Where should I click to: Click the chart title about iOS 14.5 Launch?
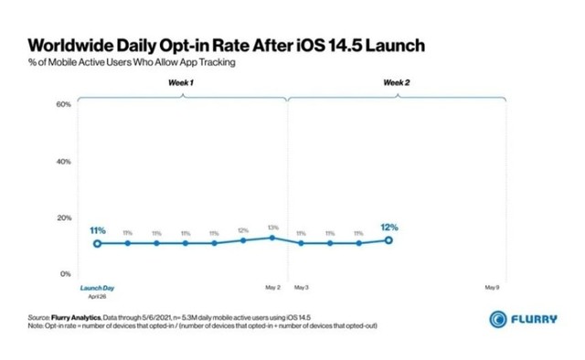(x=227, y=46)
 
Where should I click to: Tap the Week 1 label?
(x=180, y=83)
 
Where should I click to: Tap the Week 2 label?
(x=396, y=83)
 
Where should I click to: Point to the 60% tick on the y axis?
(x=63, y=105)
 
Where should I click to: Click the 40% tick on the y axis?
(x=63, y=162)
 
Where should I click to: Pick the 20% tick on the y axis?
(x=63, y=217)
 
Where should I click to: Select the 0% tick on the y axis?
(x=65, y=273)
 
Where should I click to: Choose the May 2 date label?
(x=272, y=287)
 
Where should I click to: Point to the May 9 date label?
(x=492, y=287)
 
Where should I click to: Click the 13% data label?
(x=271, y=228)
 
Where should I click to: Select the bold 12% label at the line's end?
(x=388, y=227)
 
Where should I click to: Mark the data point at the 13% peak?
(x=271, y=238)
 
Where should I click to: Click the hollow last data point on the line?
(x=388, y=240)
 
